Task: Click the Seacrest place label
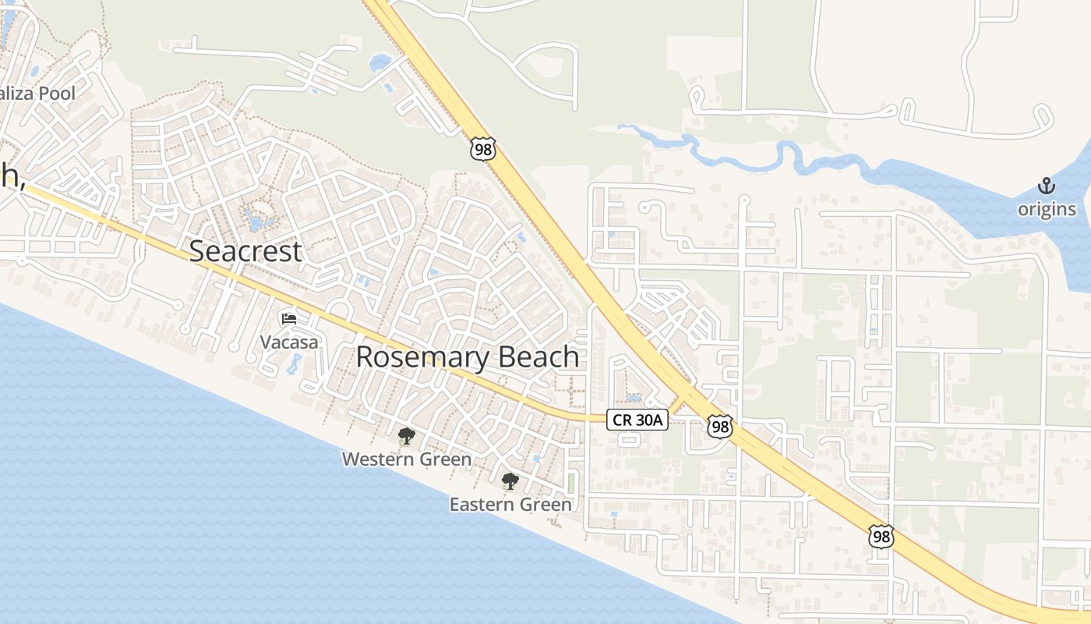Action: [245, 251]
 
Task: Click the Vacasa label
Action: [289, 342]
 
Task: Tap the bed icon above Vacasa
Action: [288, 318]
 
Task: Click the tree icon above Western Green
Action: [406, 436]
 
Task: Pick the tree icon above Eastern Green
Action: [510, 480]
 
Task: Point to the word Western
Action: [377, 459]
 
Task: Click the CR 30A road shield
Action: [637, 420]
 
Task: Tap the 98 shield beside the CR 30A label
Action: [720, 426]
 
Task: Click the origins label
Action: [1047, 209]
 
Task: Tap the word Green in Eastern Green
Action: [545, 505]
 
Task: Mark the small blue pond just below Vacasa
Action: [295, 363]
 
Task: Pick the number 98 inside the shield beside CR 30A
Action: [720, 426]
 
